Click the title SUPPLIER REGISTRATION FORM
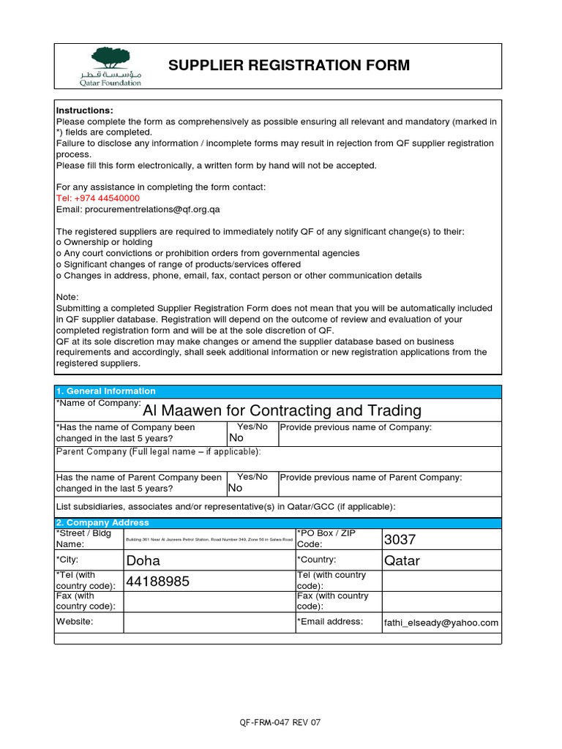coord(289,66)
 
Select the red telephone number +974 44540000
coord(98,198)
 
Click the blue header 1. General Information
coord(106,391)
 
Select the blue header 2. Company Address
coord(102,523)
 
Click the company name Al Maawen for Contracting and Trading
coord(282,410)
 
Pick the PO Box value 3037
coord(400,540)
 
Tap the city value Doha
coord(143,561)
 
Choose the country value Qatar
coord(402,561)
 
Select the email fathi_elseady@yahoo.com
coord(441,623)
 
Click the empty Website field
coord(209,622)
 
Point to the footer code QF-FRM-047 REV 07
coord(280,723)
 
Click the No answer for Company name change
coord(236,438)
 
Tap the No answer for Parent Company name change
coord(236,488)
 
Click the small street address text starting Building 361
coord(209,540)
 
